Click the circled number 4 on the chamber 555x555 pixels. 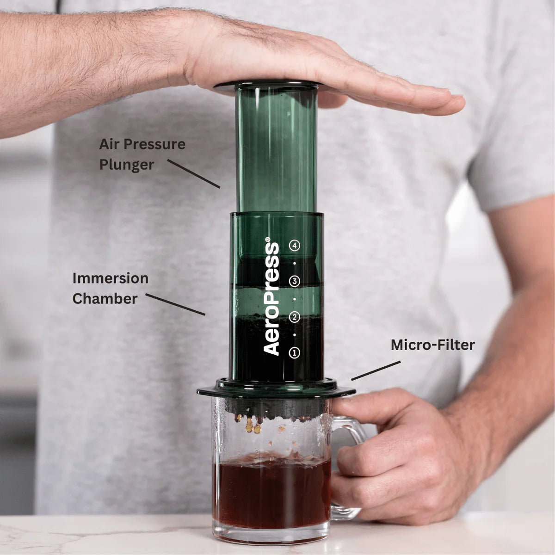click(x=295, y=246)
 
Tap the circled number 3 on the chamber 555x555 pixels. click(x=295, y=281)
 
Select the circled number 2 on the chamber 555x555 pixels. click(x=295, y=317)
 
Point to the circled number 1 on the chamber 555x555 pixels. click(x=295, y=353)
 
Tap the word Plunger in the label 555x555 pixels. click(x=126, y=165)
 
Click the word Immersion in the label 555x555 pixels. click(x=110, y=278)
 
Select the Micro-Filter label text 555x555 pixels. click(x=432, y=345)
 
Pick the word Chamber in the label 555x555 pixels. click(x=105, y=299)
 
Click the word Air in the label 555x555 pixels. click(x=109, y=144)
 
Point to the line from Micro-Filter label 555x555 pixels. click(x=376, y=371)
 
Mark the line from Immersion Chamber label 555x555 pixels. click(x=175, y=304)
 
